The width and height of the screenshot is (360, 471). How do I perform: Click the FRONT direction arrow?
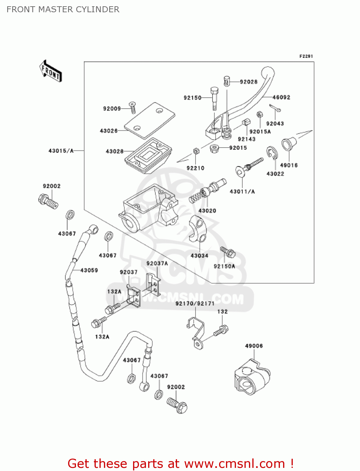(51, 71)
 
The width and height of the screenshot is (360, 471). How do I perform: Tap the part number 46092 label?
(281, 97)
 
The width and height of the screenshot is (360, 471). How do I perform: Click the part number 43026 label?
(109, 131)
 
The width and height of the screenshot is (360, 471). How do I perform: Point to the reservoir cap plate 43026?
(149, 120)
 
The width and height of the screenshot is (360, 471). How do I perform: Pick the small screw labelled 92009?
(132, 108)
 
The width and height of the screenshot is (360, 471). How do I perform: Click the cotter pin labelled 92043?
(275, 108)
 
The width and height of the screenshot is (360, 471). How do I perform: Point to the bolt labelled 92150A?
(228, 252)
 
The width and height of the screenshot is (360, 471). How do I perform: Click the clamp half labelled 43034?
(198, 228)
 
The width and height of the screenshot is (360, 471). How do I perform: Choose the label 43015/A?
(61, 151)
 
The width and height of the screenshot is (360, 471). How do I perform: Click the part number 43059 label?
(89, 270)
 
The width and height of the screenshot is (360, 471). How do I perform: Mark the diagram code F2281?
(306, 56)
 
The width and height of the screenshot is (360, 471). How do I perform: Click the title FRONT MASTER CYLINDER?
(63, 9)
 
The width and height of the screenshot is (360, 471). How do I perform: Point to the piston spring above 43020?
(196, 197)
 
